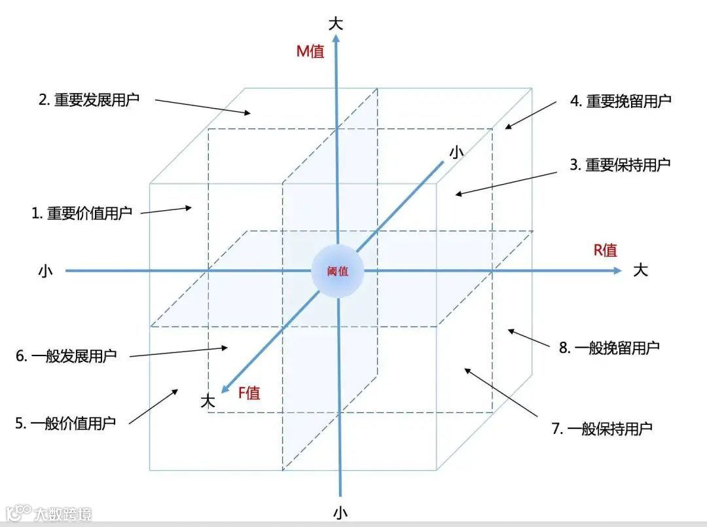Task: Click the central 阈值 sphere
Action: click(338, 271)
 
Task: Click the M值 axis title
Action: click(310, 51)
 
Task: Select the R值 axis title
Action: click(605, 249)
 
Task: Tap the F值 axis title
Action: click(249, 393)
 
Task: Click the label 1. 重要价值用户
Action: click(82, 213)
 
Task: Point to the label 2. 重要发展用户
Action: click(89, 100)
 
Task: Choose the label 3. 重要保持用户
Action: click(620, 165)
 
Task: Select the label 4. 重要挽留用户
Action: click(621, 101)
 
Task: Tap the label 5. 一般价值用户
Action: click(65, 423)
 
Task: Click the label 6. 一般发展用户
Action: click(66, 357)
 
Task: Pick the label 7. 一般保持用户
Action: click(602, 429)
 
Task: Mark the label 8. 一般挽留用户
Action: click(609, 348)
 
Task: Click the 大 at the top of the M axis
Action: click(336, 24)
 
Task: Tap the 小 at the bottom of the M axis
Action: click(340, 511)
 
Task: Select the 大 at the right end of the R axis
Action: click(640, 270)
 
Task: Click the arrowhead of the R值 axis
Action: click(617, 270)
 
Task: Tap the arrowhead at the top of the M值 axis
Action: click(336, 38)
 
